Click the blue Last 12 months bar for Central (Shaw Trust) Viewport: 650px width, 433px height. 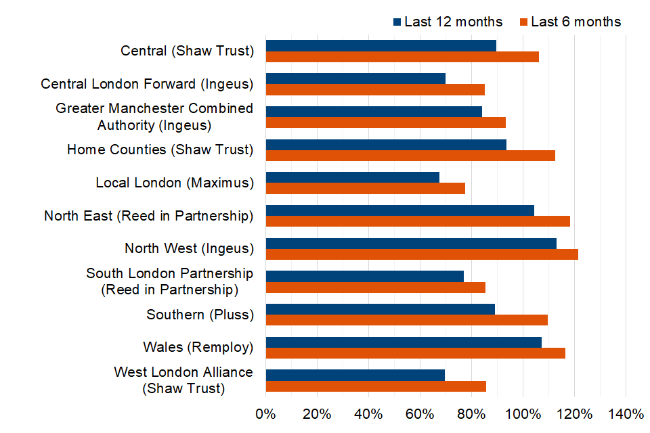[381, 45]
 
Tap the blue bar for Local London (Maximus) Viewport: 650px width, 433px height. [352, 177]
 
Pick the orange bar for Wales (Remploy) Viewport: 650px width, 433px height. [415, 353]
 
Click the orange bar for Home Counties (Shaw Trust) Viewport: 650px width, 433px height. [410, 156]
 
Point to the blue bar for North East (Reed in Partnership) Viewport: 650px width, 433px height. [399, 210]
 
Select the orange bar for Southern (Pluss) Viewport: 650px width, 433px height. [406, 320]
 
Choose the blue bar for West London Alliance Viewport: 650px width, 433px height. [355, 375]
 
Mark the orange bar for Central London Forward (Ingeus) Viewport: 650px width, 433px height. [375, 89]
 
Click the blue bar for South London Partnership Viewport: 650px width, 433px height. [364, 276]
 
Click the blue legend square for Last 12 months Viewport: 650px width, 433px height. [397, 22]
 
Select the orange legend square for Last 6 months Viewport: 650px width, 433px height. [523, 22]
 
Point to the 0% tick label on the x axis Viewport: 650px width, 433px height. [265, 413]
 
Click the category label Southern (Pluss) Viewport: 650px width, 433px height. [200, 315]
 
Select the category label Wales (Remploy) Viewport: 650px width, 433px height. [198, 347]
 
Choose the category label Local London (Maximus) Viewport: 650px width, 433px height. [174, 183]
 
